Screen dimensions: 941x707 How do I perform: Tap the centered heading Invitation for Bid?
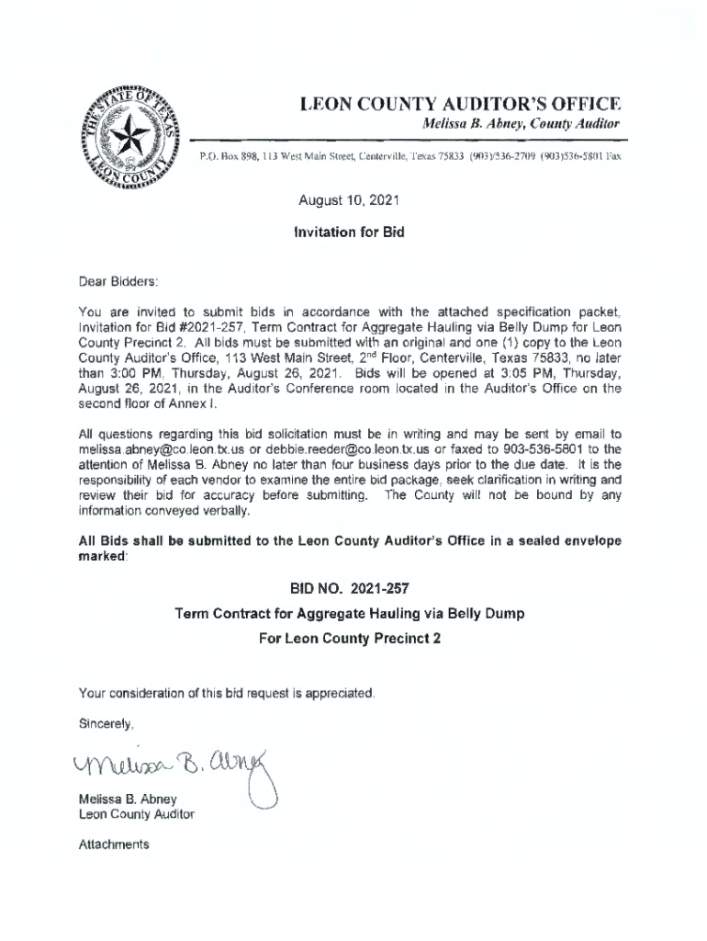pos(349,232)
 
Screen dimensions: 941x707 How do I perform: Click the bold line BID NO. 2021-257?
pos(349,589)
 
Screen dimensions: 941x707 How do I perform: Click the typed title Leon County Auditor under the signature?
pos(137,814)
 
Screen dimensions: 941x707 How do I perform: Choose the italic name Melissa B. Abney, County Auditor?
pos(520,123)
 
